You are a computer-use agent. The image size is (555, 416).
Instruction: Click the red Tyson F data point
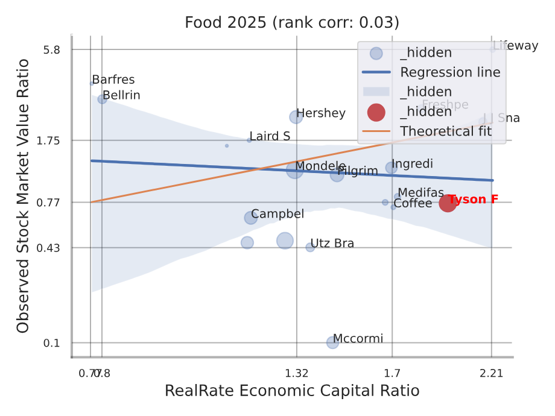[x=447, y=203]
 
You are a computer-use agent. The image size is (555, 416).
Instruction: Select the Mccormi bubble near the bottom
[x=332, y=342]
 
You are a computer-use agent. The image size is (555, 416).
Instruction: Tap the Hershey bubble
[x=296, y=117]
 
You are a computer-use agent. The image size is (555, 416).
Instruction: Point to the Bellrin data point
[x=102, y=99]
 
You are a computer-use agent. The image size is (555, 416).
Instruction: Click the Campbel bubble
[x=251, y=218]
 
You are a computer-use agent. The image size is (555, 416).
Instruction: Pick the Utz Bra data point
[x=310, y=247]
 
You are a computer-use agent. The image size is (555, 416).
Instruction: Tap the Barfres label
[x=113, y=80]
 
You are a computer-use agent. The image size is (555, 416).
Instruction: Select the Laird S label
[x=270, y=136]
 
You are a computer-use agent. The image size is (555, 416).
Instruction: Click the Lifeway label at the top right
[x=515, y=46]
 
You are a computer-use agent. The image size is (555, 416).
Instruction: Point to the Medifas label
[x=420, y=193]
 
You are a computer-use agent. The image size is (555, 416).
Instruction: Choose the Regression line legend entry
[x=450, y=72]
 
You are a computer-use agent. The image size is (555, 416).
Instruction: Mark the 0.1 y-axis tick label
[x=52, y=343]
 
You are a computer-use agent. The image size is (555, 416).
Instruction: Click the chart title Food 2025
[x=292, y=23]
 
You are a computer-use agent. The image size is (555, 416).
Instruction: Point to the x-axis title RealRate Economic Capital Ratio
[x=292, y=391]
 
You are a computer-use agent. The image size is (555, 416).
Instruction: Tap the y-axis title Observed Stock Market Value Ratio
[x=23, y=195]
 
